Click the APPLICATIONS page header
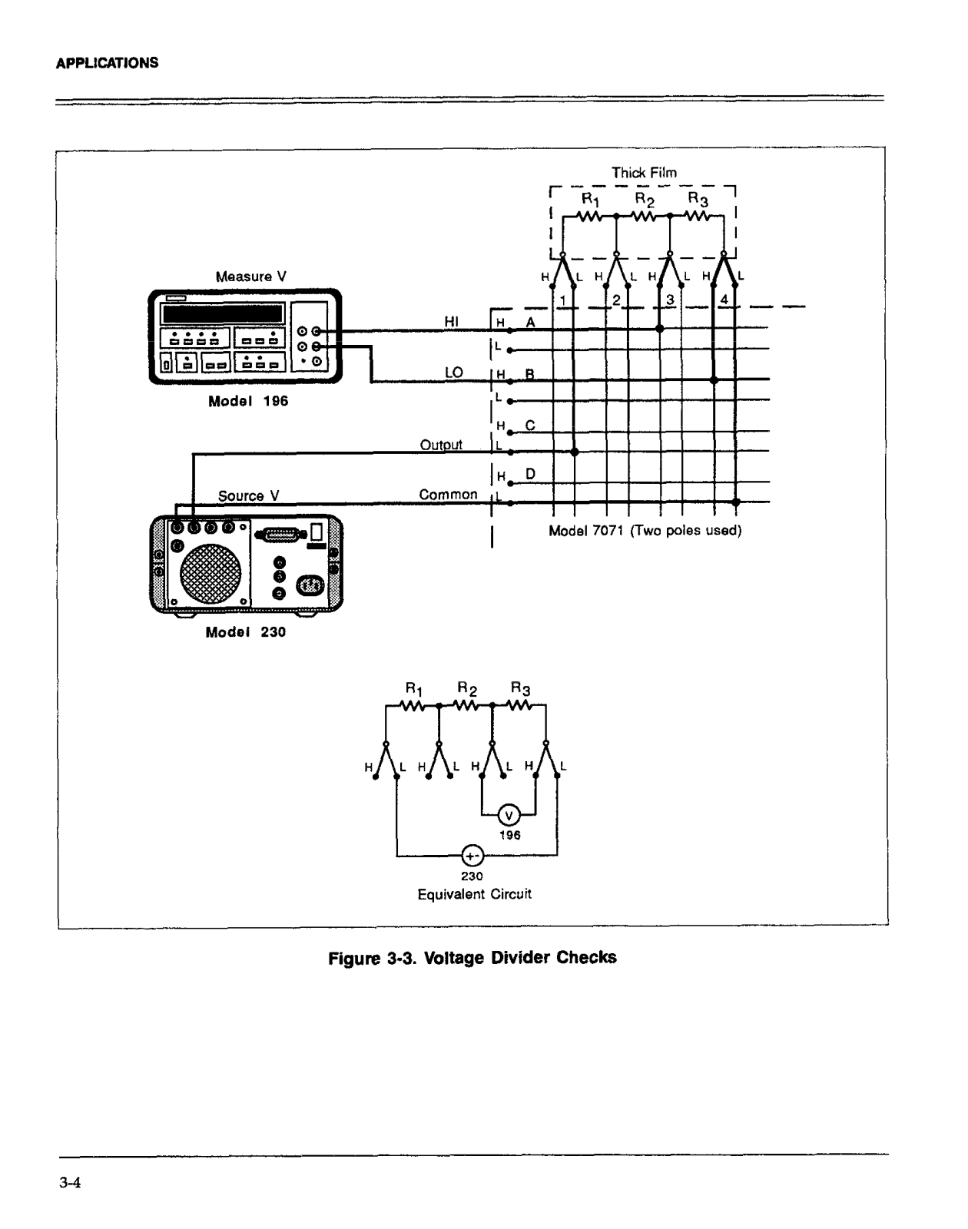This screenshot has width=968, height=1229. (x=107, y=63)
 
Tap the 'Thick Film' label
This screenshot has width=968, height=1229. (x=644, y=173)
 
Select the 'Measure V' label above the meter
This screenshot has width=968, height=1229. (x=250, y=277)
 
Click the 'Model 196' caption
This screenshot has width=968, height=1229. (x=248, y=401)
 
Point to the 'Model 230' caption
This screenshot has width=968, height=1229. (x=245, y=632)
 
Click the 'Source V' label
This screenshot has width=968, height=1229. (x=248, y=496)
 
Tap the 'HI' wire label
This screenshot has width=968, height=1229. (x=452, y=322)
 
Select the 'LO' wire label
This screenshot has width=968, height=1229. (x=453, y=373)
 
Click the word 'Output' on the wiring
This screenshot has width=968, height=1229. (x=441, y=445)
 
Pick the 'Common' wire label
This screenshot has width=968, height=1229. (x=448, y=495)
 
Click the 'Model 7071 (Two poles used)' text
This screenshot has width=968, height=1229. (x=645, y=531)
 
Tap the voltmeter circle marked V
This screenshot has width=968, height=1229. (x=508, y=816)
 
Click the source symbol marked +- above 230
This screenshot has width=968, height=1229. (x=472, y=856)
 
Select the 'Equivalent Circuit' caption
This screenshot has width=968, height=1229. (x=474, y=894)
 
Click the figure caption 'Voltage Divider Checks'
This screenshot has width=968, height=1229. (x=472, y=958)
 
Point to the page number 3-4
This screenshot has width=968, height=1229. (x=70, y=1183)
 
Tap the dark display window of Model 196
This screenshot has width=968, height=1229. (x=223, y=313)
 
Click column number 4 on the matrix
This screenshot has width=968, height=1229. (x=724, y=300)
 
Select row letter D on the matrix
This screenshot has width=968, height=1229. (x=530, y=474)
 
